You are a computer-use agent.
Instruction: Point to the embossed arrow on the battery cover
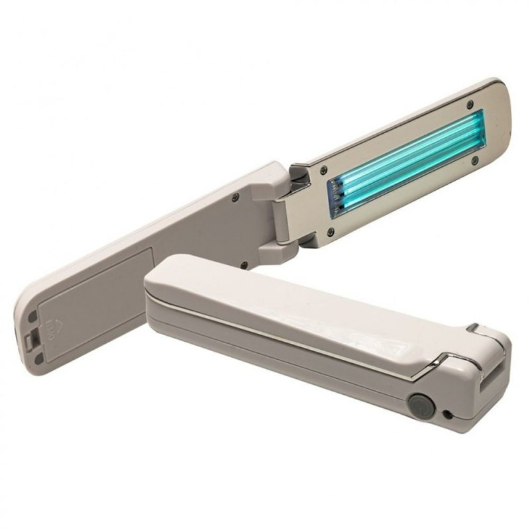pos(54,325)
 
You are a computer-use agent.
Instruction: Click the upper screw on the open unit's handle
pos(236,196)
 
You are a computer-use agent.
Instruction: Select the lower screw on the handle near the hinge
pos(244,265)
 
